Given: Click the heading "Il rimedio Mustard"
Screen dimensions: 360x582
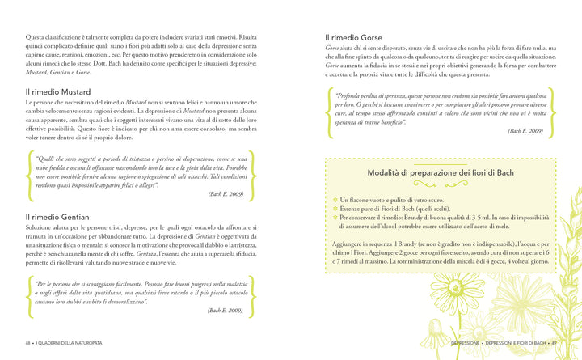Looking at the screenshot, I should point(58,92).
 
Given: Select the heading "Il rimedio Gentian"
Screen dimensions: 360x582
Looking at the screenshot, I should point(57,217).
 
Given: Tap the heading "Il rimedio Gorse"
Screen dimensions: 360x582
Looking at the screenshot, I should point(354,36).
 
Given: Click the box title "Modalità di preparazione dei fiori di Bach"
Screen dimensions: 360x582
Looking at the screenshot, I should point(440,172).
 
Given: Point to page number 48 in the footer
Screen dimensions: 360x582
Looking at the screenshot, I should point(29,342).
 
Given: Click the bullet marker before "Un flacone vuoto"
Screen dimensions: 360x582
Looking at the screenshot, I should point(335,199).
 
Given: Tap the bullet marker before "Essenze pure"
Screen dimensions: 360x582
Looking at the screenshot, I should point(335,208).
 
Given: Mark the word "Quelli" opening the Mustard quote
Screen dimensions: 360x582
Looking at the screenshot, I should point(48,158).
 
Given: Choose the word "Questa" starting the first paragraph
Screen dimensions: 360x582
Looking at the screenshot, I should point(36,37).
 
